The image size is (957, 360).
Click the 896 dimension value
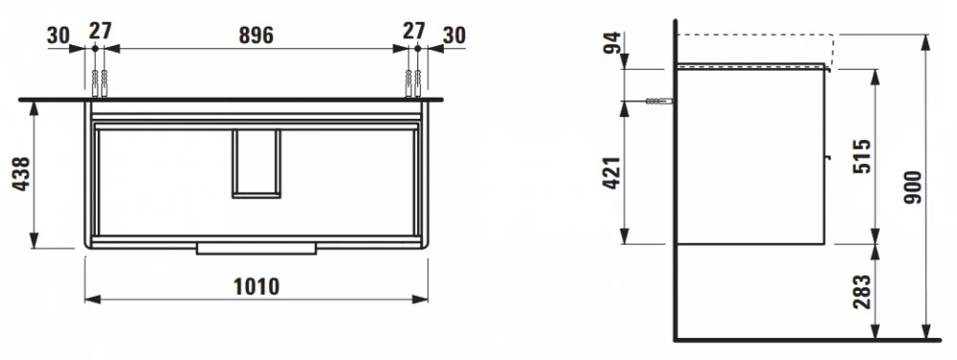tap(256, 35)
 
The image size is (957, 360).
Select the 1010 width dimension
tap(256, 286)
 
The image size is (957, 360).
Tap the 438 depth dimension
tap(21, 174)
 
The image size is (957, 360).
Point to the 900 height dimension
tap(915, 187)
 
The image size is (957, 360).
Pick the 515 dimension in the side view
tap(862, 156)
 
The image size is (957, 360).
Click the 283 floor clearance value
tap(862, 292)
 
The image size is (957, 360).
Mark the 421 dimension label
tap(612, 172)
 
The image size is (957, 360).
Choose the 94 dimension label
tap(612, 43)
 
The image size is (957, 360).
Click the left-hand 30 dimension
tap(58, 35)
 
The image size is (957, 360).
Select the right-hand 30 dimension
tap(454, 35)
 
